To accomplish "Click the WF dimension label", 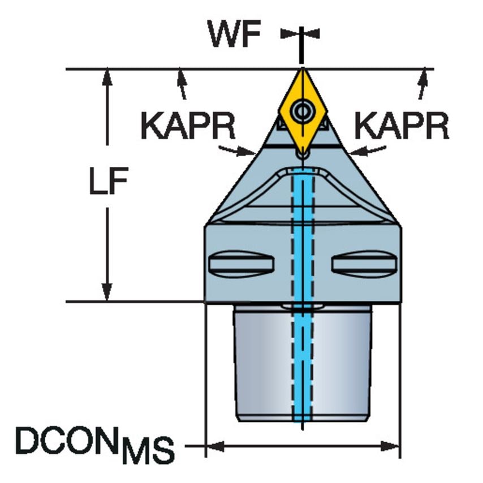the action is click(x=234, y=33).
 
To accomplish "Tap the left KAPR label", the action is click(x=188, y=126).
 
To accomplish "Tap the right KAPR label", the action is click(x=402, y=126).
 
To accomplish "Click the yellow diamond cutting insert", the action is click(x=303, y=112).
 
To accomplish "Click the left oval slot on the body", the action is click(x=241, y=264).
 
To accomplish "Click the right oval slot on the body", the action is click(x=364, y=264).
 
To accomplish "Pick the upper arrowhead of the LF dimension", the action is click(x=107, y=77).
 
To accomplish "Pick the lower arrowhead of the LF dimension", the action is click(x=107, y=292).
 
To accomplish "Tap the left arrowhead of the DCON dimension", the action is click(x=215, y=446).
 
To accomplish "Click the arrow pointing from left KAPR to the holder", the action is click(x=237, y=150).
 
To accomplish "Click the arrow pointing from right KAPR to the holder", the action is click(x=368, y=150).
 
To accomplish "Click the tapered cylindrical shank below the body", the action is click(x=303, y=364).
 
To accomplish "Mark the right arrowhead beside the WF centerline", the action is click(x=312, y=33).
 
